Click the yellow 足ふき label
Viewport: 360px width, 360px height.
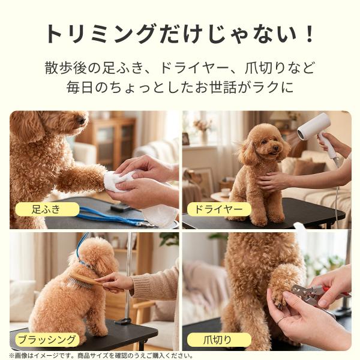[x=47, y=209]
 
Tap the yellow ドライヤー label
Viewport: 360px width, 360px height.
[x=219, y=209]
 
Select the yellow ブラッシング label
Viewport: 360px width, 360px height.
[x=47, y=340]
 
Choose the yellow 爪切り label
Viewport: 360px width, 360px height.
[x=219, y=340]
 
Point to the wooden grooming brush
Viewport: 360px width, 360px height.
[x=86, y=281]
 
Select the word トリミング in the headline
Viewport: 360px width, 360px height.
[x=100, y=34]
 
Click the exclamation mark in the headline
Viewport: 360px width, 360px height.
[x=310, y=34]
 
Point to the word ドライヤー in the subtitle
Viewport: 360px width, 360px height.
[x=194, y=68]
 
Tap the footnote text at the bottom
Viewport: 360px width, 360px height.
[x=101, y=356]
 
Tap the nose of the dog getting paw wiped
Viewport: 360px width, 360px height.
[x=81, y=119]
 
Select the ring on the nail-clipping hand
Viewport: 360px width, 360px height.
[x=281, y=320]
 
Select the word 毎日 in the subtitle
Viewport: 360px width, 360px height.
[x=79, y=88]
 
